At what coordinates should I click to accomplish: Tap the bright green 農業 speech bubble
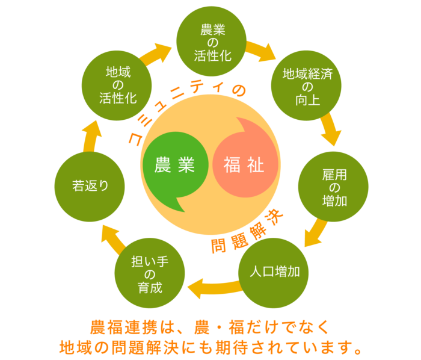[x=174, y=167]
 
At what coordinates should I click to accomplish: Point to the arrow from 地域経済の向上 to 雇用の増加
[x=330, y=130]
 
